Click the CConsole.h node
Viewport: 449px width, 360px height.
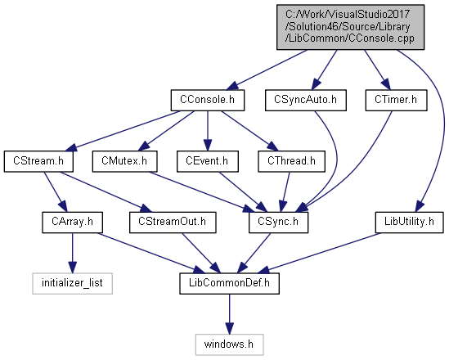point(208,101)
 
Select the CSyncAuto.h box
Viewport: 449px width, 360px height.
point(306,101)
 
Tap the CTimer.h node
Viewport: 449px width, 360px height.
point(396,101)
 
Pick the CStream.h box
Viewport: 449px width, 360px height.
point(38,161)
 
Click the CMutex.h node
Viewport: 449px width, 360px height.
point(124,161)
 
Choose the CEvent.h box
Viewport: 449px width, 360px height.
point(207,161)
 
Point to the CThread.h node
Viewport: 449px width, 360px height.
point(291,161)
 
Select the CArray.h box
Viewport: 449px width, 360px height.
point(72,223)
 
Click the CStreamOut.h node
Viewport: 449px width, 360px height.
point(173,223)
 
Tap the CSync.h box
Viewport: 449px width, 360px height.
point(278,223)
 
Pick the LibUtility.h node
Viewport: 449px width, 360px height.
point(409,223)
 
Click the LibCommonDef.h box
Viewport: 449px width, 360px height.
point(229,284)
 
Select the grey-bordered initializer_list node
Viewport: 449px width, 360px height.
point(72,284)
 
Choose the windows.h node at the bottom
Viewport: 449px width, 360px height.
point(229,344)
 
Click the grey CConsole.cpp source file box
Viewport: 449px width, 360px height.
point(350,27)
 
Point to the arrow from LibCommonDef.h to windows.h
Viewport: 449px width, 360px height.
point(229,314)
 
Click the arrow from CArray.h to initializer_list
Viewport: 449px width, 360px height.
point(72,253)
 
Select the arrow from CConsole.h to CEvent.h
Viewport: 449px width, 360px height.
point(208,131)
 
